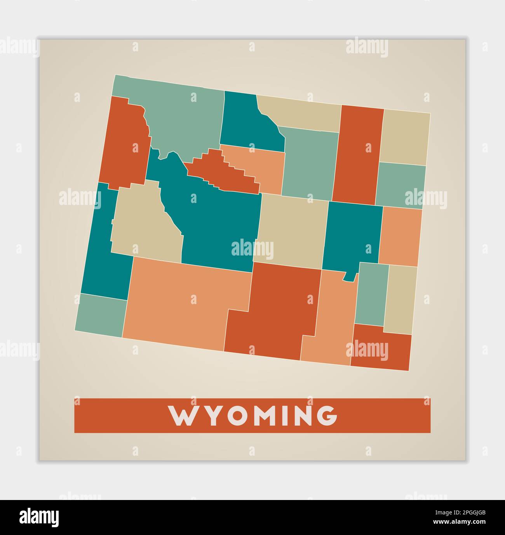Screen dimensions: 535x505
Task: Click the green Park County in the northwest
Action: click(183, 117)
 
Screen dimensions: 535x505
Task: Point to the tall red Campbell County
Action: click(357, 156)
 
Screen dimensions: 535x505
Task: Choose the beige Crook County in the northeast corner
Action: click(404, 136)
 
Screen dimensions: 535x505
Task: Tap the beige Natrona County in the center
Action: click(291, 229)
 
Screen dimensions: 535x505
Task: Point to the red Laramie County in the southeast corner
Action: click(383, 348)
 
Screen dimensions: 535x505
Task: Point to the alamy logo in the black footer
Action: click(39, 517)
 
